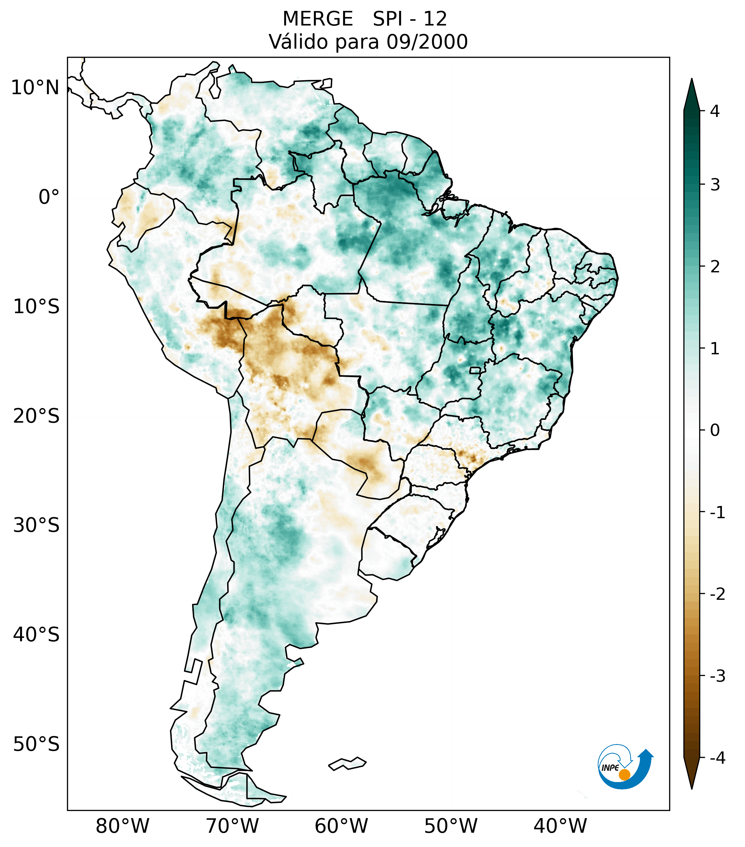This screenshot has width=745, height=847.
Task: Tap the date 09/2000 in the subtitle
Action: click(427, 42)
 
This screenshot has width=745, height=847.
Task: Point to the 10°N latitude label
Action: click(35, 88)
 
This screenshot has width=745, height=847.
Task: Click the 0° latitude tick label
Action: click(49, 197)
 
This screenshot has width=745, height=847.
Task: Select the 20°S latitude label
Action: click(36, 416)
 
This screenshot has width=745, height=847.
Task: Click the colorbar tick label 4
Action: click(715, 111)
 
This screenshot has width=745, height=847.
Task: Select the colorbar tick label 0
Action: click(715, 430)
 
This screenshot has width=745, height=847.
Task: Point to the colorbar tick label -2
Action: click(717, 595)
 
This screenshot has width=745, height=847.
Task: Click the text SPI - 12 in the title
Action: click(409, 19)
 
